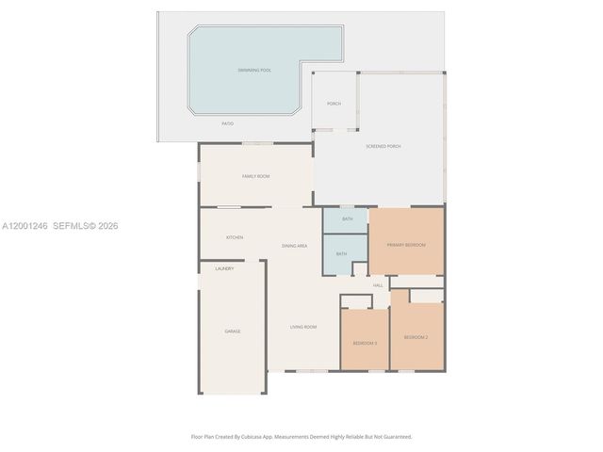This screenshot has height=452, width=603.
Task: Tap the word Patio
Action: [227, 123]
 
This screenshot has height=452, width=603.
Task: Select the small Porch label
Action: [334, 104]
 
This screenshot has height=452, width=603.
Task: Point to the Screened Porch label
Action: [383, 147]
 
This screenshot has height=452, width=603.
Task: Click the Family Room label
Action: [255, 176]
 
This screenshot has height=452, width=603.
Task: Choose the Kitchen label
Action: [235, 237]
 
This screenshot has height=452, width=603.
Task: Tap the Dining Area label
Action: [294, 246]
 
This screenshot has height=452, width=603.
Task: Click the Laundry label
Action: [224, 268]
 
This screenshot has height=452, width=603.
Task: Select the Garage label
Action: [232, 331]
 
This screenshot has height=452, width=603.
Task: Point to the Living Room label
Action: [303, 327]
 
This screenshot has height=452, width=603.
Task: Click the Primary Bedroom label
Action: [406, 245]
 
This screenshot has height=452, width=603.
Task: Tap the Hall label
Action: [378, 285]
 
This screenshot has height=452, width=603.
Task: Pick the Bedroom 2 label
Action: [416, 337]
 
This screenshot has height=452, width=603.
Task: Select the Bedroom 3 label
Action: [365, 343]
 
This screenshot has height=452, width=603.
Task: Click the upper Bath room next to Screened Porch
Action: [348, 218]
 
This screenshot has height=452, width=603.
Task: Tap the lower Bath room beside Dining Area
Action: [341, 253]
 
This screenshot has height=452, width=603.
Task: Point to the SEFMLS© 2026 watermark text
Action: [86, 226]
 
